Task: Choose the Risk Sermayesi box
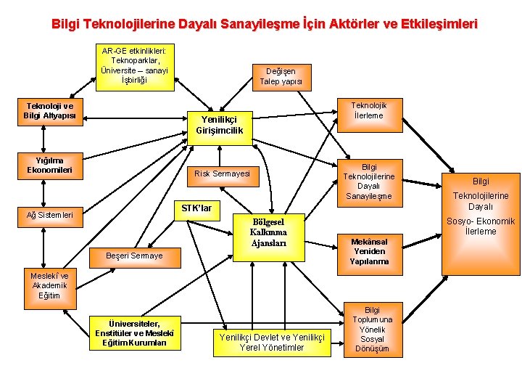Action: pos(222,173)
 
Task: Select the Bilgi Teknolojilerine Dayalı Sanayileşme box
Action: pos(368,181)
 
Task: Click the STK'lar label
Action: pos(196,208)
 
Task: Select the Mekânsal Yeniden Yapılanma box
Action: pos(369,251)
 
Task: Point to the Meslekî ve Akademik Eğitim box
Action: pos(50,286)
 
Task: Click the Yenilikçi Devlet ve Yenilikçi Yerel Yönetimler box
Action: pos(271,342)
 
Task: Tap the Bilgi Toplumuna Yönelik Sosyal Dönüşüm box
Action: pos(372,329)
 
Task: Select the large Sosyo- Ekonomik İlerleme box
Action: pos(481,205)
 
